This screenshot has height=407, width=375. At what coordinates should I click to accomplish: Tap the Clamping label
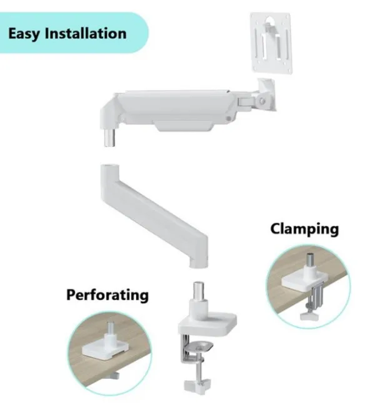tap(304, 229)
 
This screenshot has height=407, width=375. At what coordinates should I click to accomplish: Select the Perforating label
tap(107, 294)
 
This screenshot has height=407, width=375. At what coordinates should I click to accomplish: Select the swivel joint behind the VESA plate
tap(265, 93)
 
